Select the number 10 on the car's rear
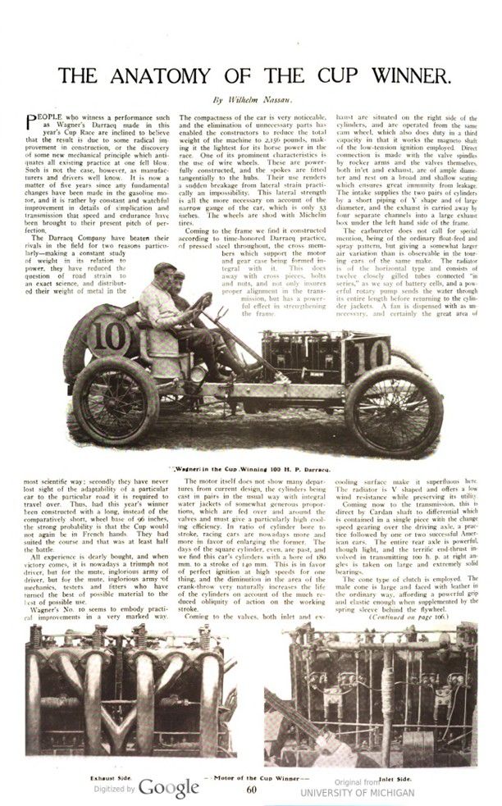pos(93,335)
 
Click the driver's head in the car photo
pos(162,271)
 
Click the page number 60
pos(251,789)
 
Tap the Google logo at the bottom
pos(168,788)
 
